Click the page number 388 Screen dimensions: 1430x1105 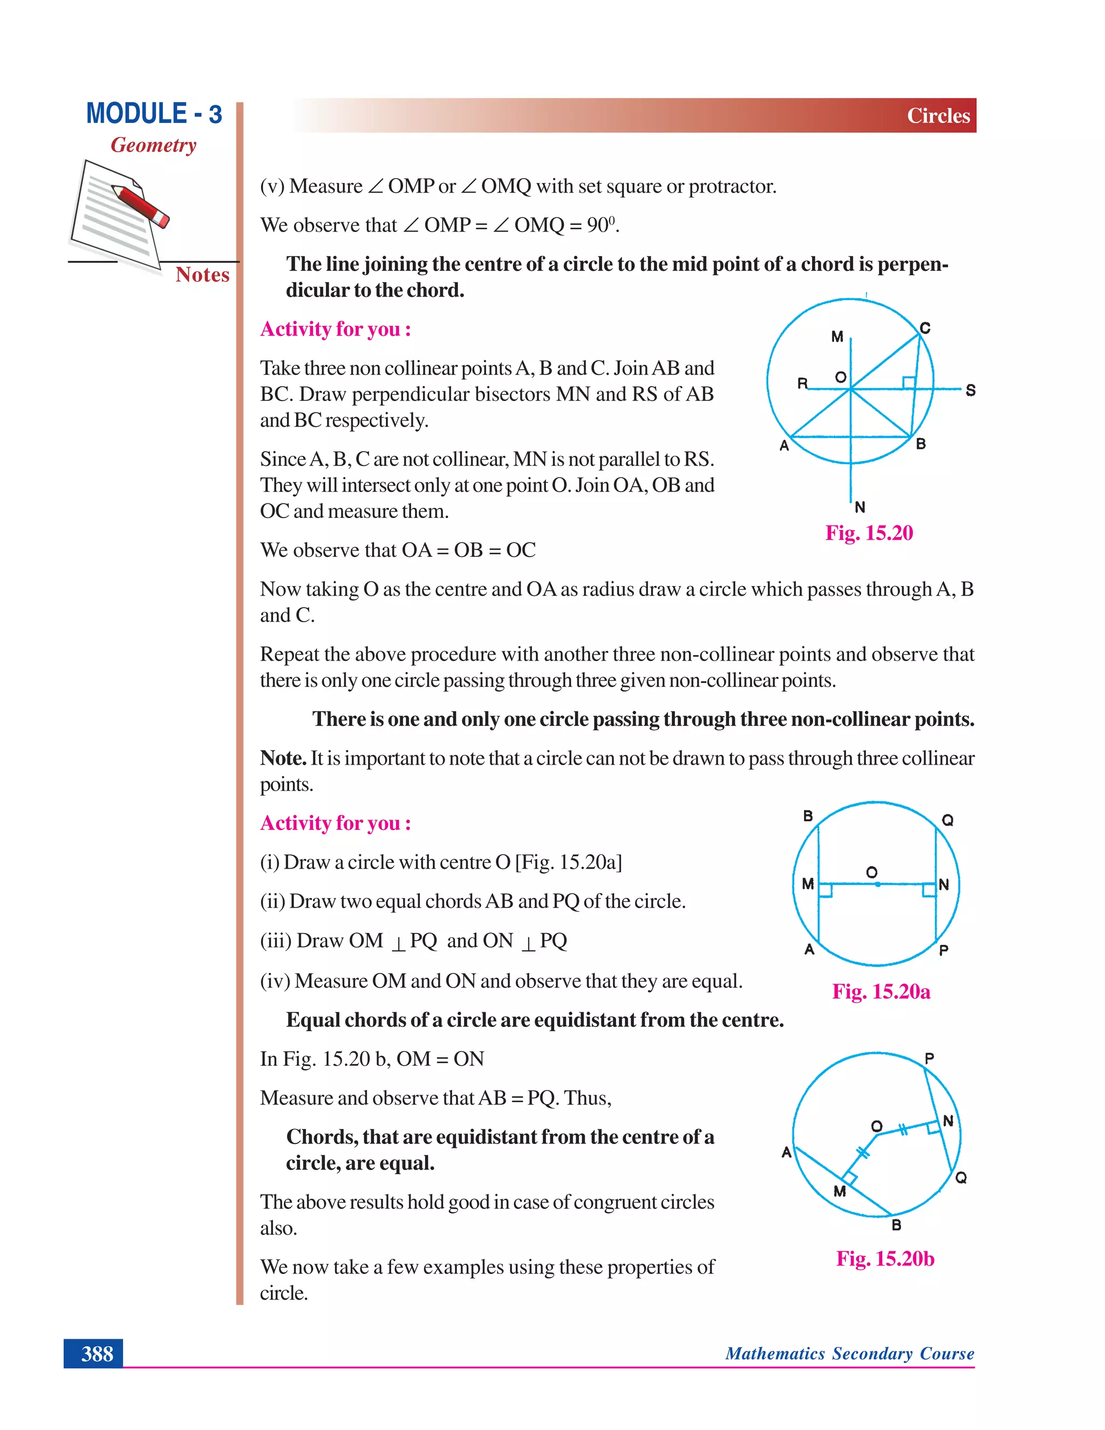click(x=97, y=1354)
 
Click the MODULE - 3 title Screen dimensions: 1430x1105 click(x=154, y=114)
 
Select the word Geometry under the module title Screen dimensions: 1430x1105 click(x=153, y=145)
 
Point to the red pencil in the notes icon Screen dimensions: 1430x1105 click(x=141, y=205)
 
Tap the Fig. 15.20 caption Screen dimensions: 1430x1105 click(x=869, y=533)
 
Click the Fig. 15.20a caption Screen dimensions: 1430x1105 click(x=881, y=991)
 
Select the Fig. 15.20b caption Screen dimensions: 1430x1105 click(x=884, y=1258)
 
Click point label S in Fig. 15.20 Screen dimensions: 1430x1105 click(x=970, y=390)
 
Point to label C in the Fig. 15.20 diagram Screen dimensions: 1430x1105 click(x=924, y=328)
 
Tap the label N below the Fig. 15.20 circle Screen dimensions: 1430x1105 click(x=860, y=507)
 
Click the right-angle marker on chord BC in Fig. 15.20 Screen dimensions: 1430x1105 click(x=909, y=383)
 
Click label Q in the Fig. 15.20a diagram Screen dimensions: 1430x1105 click(x=947, y=820)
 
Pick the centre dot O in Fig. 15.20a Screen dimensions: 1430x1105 click(x=877, y=884)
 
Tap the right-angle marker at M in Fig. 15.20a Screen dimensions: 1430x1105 click(x=826, y=890)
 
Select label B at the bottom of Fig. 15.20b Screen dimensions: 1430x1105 click(x=896, y=1225)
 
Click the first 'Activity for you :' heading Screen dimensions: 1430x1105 click(x=335, y=329)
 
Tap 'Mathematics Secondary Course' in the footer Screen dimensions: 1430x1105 click(x=849, y=1353)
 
